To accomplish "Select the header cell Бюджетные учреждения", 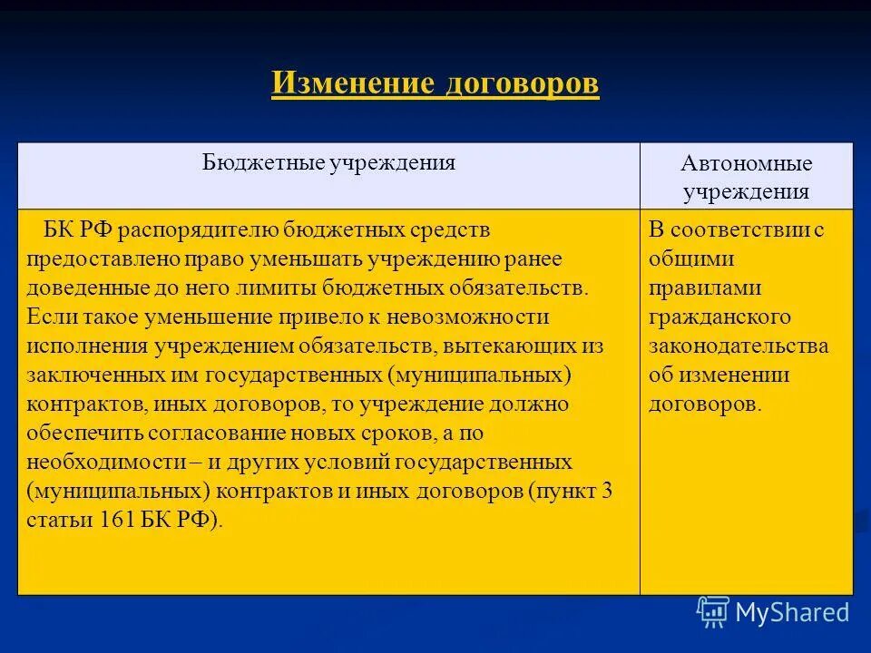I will (328, 163).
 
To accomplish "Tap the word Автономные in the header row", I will (747, 164).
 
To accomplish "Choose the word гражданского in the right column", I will (719, 317).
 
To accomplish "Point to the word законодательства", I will (738, 346).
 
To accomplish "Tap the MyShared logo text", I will (792, 612).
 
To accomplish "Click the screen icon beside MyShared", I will (712, 611).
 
